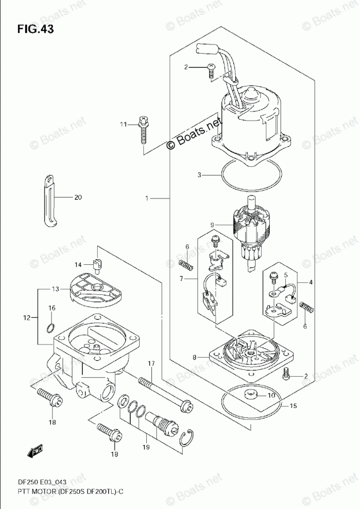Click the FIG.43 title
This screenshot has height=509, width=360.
35,29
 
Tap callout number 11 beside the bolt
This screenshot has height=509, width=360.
124,124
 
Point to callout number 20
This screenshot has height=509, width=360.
78,197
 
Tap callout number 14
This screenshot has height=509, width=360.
78,265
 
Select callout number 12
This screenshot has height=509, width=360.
26,317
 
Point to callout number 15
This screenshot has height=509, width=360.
293,406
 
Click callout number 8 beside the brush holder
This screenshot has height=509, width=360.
195,357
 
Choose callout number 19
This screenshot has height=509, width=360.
146,447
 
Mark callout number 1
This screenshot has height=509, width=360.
147,198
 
